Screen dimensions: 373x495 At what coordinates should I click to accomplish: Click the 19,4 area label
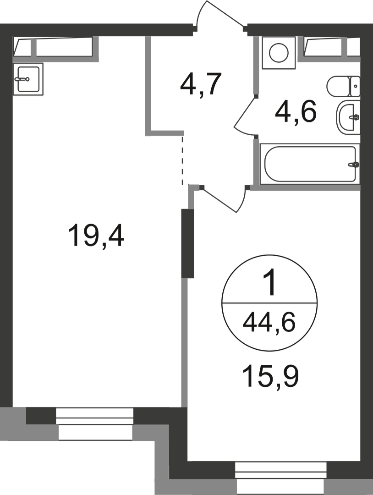click(x=96, y=235)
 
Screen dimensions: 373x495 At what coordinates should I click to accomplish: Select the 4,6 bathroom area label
click(x=296, y=112)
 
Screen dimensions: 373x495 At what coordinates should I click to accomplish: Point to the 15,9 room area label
click(x=270, y=376)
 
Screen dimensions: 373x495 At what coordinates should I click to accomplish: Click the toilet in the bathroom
click(x=344, y=87)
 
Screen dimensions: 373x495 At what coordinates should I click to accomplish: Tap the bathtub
click(x=310, y=164)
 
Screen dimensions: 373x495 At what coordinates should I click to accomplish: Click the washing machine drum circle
click(x=279, y=53)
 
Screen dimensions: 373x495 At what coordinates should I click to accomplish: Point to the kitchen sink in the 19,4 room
click(x=28, y=79)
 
